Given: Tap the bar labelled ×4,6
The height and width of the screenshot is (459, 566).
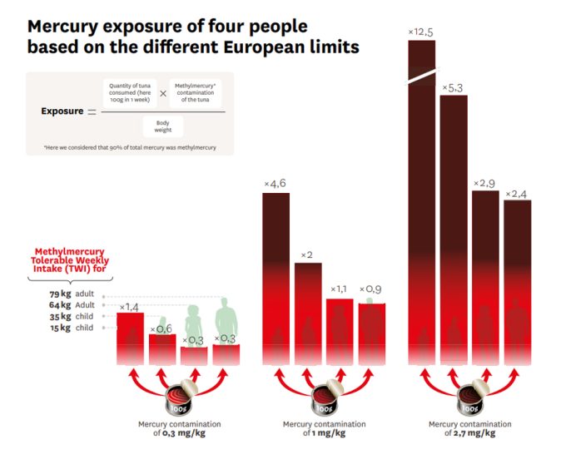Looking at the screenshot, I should (x=276, y=274).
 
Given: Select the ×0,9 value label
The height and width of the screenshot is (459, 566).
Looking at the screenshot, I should (x=371, y=289).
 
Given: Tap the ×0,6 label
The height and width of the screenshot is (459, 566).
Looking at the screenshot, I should (x=161, y=329).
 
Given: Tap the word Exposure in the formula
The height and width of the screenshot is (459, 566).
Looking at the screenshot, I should (x=62, y=111).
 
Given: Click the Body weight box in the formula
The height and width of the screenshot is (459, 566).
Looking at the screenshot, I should (x=162, y=126).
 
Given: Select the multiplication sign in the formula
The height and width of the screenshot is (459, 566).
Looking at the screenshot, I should (x=163, y=94).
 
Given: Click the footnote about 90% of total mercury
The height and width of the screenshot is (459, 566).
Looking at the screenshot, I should (x=129, y=148).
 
